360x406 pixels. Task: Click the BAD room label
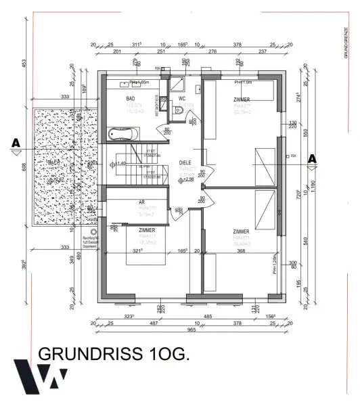pos(131,99)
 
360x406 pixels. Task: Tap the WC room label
pos(182,99)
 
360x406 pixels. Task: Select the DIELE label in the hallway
pos(185,162)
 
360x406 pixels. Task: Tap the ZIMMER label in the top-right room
pos(242,99)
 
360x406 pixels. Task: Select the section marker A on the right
pos(312,158)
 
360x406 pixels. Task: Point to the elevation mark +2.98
pos(187,180)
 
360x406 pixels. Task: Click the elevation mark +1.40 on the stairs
pos(120,164)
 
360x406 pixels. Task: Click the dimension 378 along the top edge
pos(237,44)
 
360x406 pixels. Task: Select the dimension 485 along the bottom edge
pos(208,315)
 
